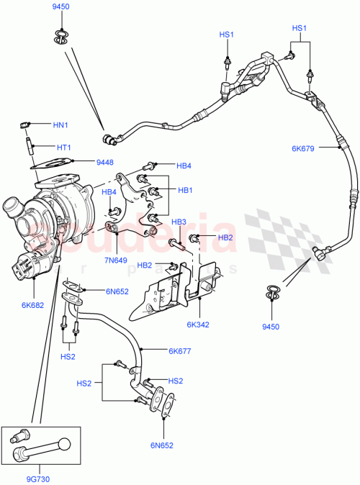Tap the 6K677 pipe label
(179, 351)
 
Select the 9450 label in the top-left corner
(61, 6)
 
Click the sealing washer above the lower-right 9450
(273, 291)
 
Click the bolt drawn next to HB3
(179, 248)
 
